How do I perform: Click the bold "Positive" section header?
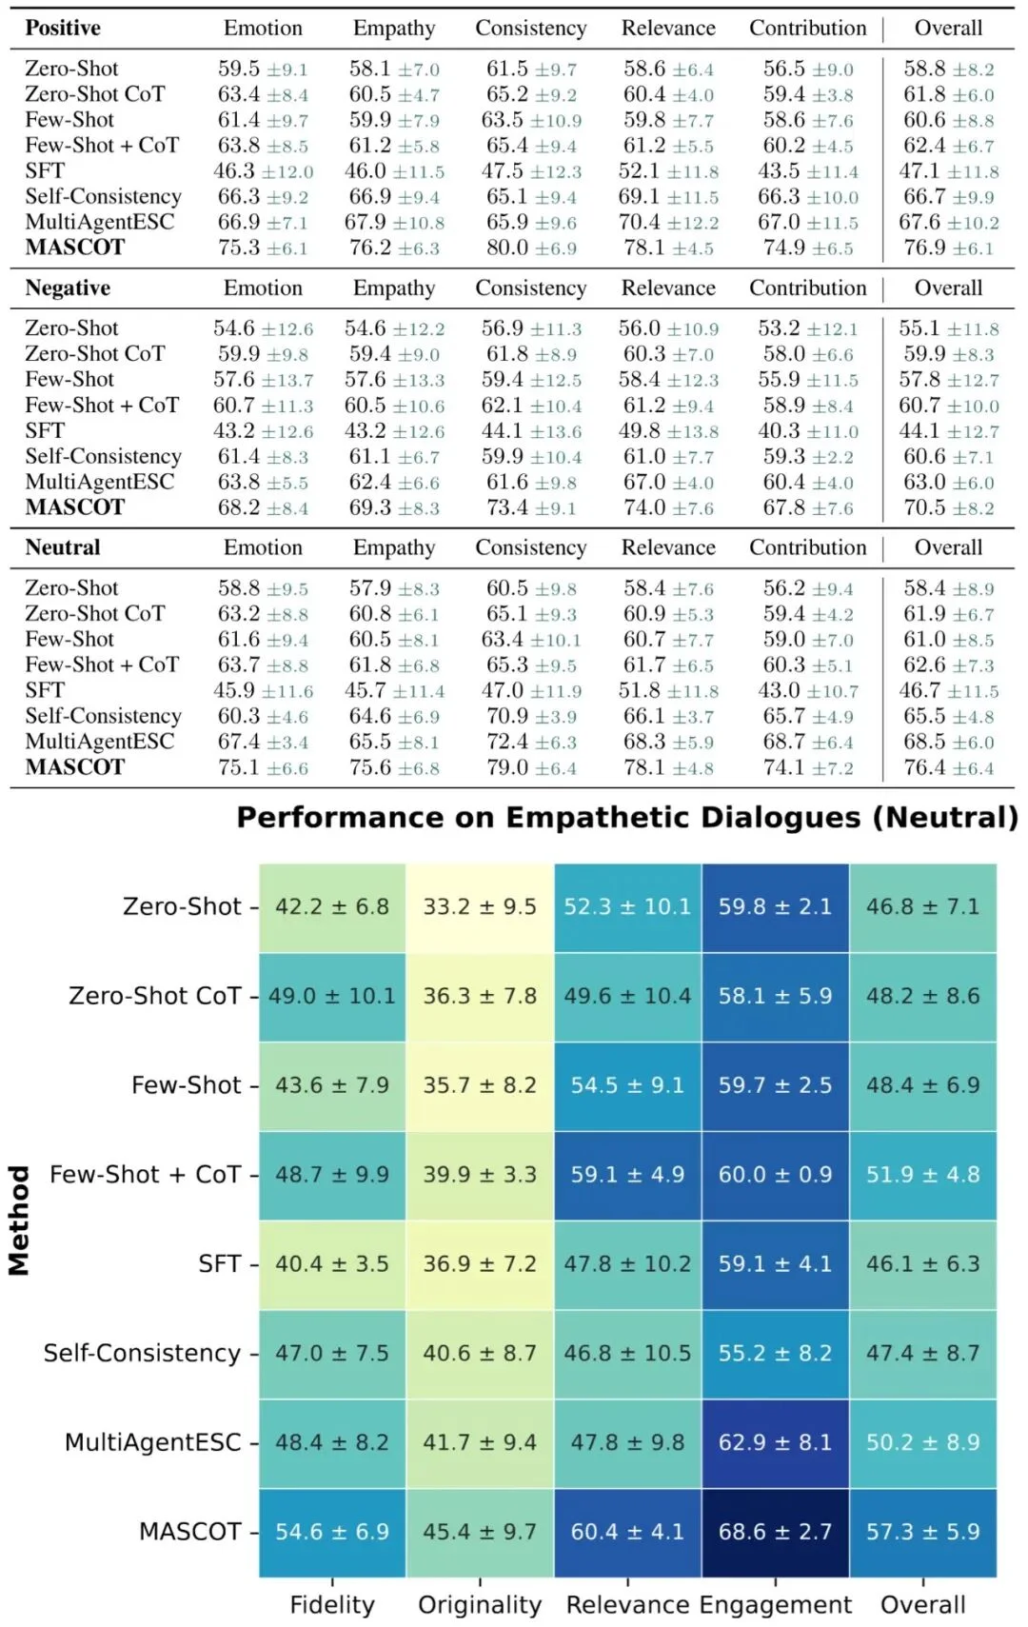coord(63,29)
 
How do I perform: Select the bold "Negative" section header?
coord(68,288)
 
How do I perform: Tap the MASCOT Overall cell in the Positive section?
coord(948,248)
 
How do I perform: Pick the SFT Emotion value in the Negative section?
coord(263,430)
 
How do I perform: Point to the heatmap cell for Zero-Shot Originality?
coord(480,906)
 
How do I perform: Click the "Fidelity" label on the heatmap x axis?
coord(332,1604)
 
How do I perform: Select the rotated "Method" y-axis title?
coord(20,1220)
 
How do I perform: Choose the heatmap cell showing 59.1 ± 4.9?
coord(627,1175)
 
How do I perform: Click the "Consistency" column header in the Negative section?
coord(531,288)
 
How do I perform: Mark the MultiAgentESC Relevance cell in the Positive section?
coord(668,222)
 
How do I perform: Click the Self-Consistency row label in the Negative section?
coord(103,456)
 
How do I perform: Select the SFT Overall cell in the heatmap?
coord(922,1264)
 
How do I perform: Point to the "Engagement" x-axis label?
coord(776,1605)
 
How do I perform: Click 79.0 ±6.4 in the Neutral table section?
coord(531,767)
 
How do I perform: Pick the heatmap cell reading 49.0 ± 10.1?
coord(332,996)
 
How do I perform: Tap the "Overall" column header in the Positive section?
coord(948,29)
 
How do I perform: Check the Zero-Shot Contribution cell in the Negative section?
coord(808,328)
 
